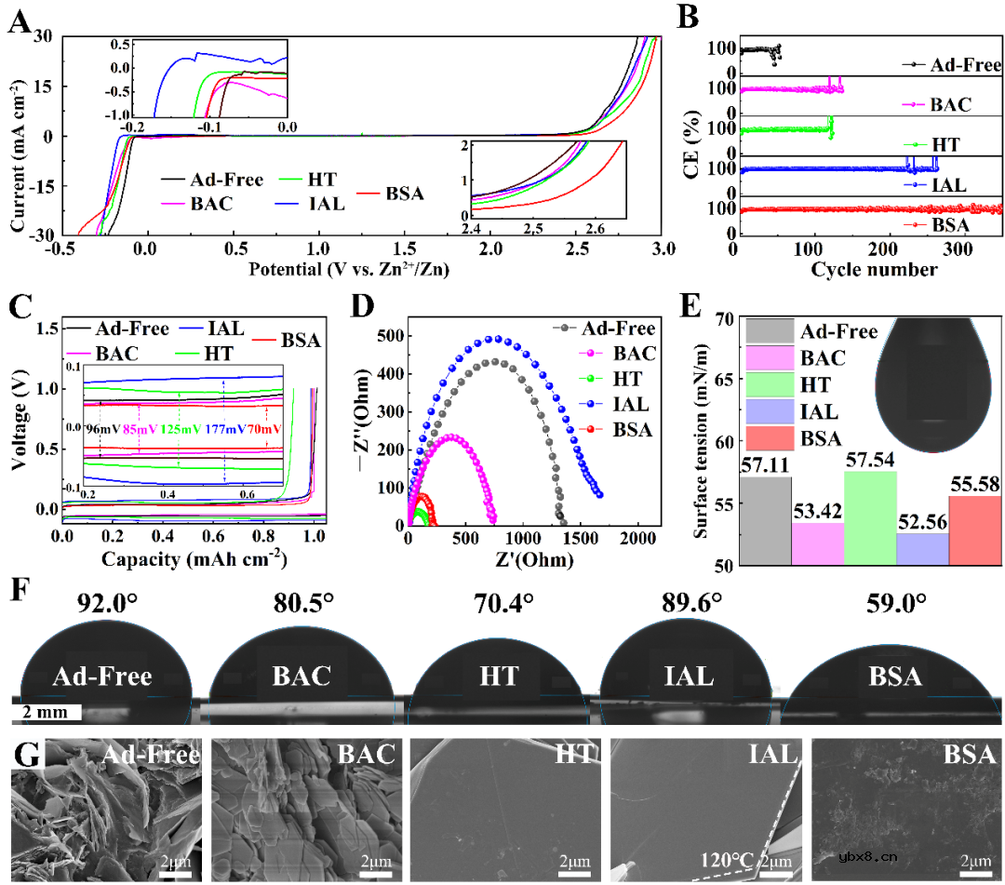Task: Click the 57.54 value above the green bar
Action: (870, 461)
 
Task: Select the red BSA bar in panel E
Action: (974, 530)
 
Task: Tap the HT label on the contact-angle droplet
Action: (501, 677)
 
